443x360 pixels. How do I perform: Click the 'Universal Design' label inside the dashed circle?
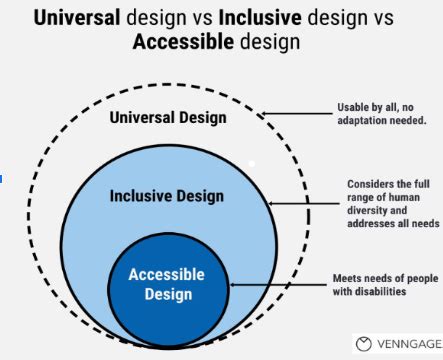pos(168,118)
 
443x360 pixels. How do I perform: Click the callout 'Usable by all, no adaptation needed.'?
pos(382,114)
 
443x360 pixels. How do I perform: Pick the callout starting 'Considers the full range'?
pos(391,203)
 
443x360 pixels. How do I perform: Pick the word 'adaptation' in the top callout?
pos(366,121)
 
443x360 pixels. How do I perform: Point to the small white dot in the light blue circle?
pos(252,163)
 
